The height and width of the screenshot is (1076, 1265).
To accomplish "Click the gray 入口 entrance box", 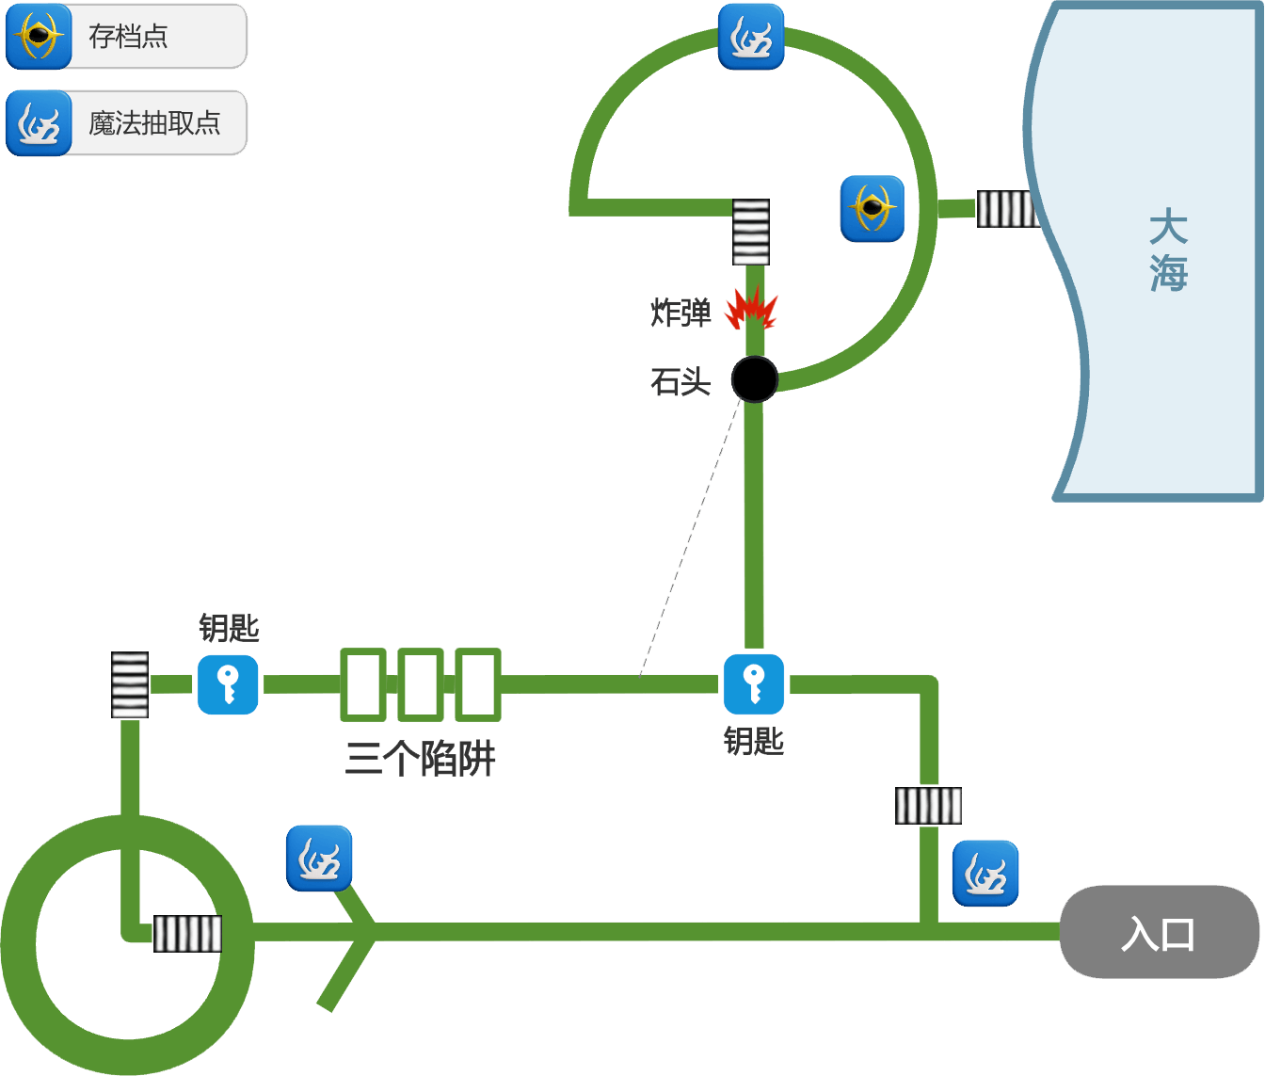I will point(1159,932).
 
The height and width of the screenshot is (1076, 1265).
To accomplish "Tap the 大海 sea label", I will point(1168,250).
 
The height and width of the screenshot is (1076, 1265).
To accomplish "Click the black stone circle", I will point(755,379).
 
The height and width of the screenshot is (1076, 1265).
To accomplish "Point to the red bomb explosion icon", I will point(750,309).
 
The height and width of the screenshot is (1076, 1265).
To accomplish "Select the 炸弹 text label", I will point(681,312).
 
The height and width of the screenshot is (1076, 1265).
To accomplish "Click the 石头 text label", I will point(681,381).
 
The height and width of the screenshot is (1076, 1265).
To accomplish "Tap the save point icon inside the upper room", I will point(873,208).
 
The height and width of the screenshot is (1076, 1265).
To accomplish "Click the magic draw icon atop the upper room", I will point(751,37).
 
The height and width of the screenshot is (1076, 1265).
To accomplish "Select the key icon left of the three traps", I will point(228,684).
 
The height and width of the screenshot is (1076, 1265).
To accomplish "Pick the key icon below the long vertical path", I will point(754,684).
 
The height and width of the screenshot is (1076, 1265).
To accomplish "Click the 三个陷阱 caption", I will point(420,758).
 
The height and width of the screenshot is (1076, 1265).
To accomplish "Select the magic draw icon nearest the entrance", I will point(985,874).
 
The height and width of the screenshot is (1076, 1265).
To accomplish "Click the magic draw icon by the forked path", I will point(319,858).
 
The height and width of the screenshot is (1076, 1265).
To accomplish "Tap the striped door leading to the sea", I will point(1007,209).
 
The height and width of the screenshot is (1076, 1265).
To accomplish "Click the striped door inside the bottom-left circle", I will point(187,934).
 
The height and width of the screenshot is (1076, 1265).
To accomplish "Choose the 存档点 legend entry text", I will point(128,37).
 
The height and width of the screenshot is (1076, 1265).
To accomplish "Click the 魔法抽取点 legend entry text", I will point(154,122).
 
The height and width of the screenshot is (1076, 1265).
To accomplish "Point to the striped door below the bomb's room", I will point(751,232).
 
